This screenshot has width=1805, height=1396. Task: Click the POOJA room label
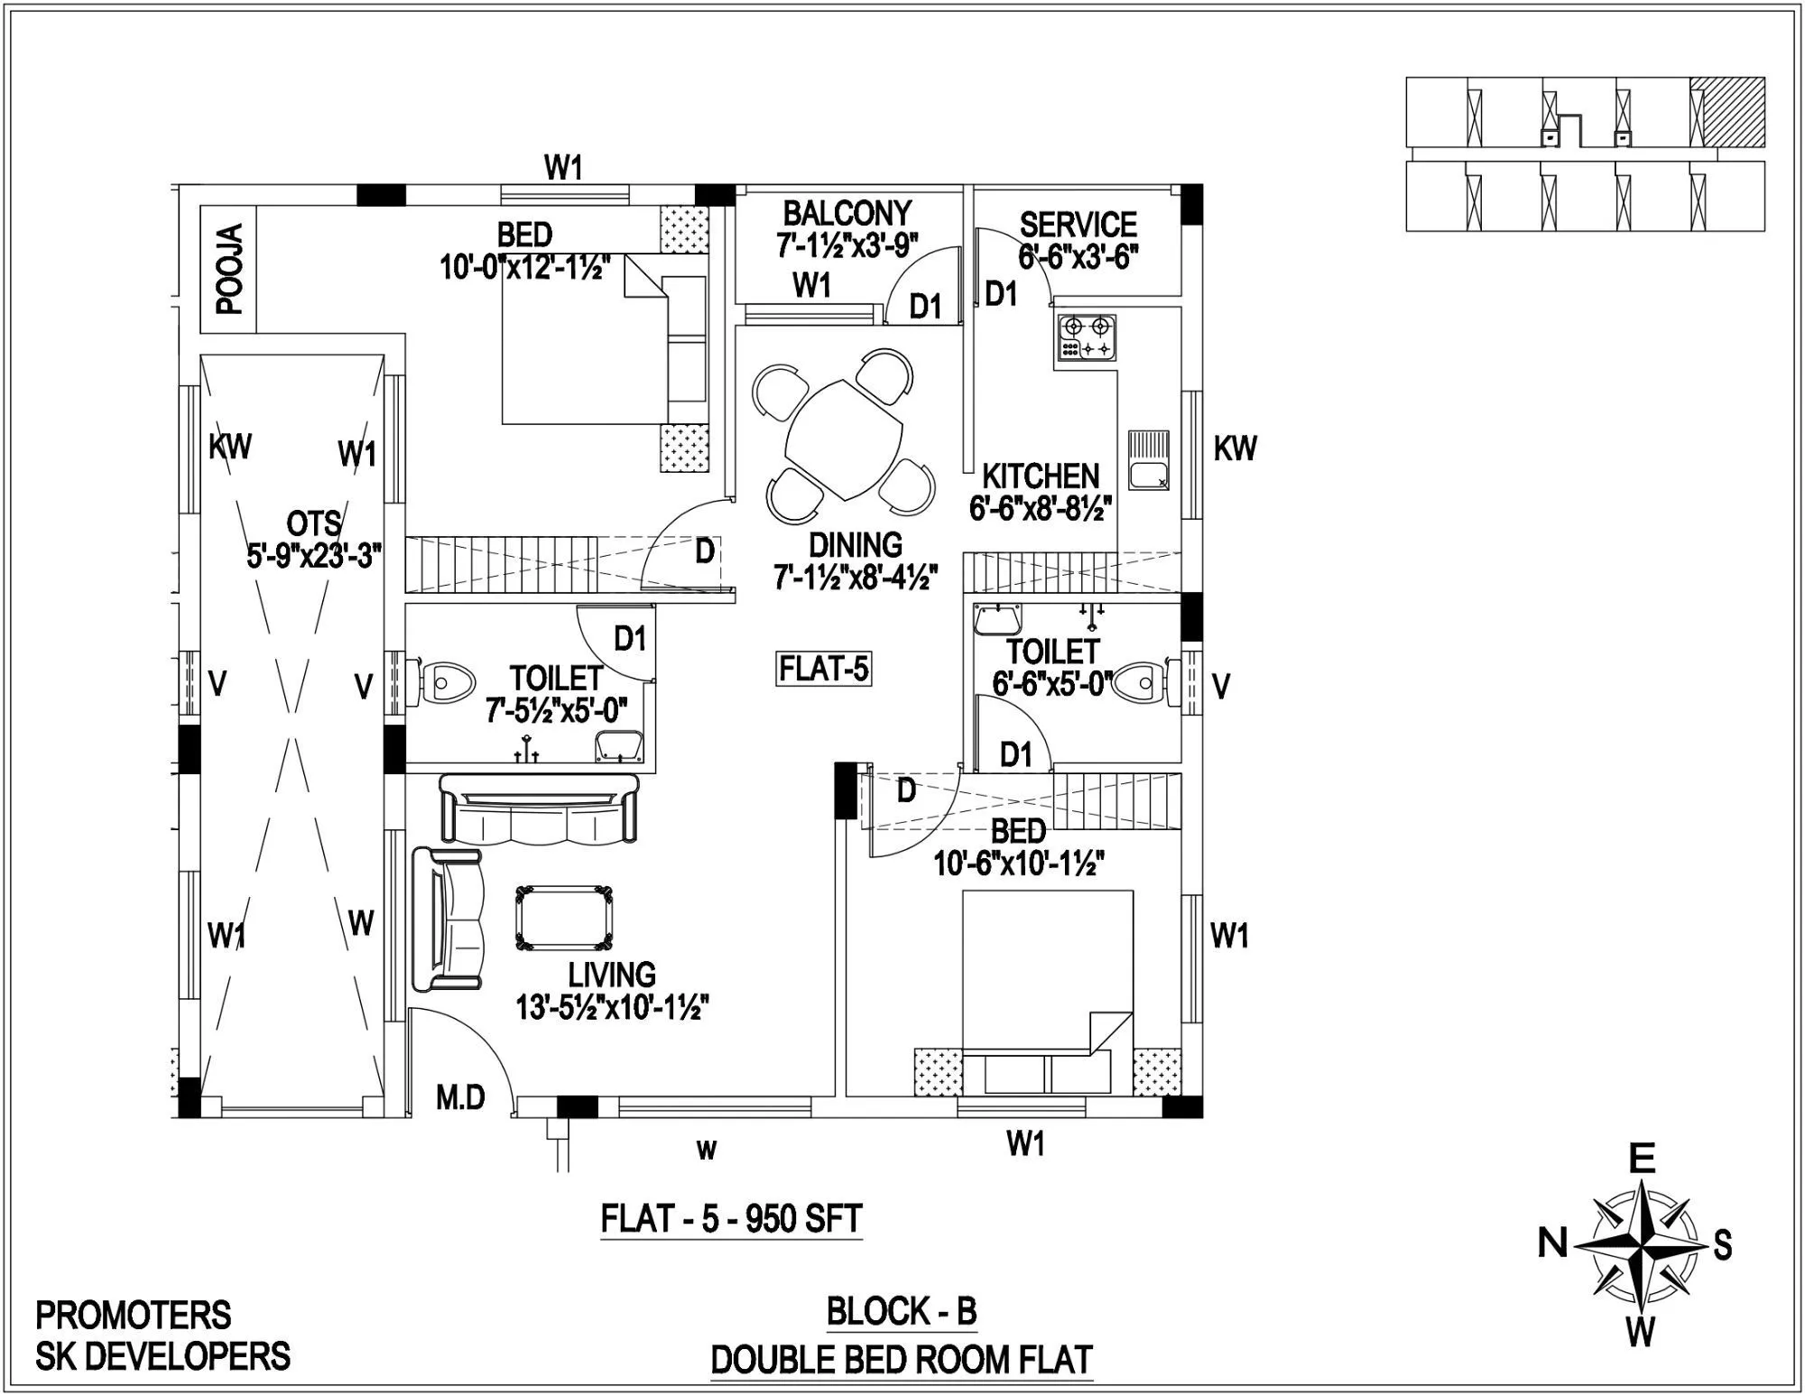coord(231,269)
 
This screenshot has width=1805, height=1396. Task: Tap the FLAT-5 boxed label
coord(823,670)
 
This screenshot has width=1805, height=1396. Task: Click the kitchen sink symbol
coord(1147,460)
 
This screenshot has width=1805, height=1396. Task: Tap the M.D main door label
coord(460,1097)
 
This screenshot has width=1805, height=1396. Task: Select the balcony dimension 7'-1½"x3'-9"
coord(847,245)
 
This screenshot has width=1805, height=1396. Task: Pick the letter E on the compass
coord(1641,1158)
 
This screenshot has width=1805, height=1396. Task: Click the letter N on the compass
coord(1552,1245)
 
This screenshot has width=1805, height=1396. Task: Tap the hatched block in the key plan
coord(1727,111)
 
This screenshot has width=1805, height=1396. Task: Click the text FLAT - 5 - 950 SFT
coord(731,1219)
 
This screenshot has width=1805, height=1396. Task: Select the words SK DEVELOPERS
coord(162,1356)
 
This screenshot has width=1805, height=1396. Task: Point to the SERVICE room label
coord(1078,223)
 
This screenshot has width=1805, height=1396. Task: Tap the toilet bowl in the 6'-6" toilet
coord(1139,684)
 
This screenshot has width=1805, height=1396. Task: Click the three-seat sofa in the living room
coord(539,808)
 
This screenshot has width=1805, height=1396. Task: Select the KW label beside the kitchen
coord(1234,448)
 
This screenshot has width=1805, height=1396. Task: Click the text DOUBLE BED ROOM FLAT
coord(902,1360)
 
